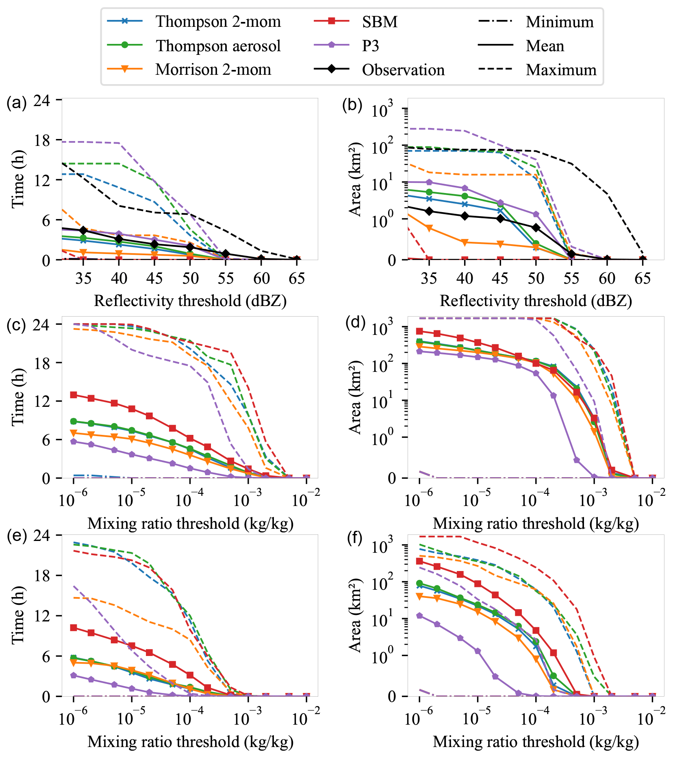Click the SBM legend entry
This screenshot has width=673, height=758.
pos(380,22)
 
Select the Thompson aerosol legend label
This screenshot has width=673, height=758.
pos(218,46)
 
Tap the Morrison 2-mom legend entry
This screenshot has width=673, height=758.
pos(213,70)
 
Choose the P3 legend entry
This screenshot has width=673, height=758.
pos(370,46)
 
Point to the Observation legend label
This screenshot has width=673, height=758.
pos(403,70)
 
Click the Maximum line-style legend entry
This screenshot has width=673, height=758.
pos(561,70)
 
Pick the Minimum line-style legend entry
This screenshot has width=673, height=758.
pos(560,22)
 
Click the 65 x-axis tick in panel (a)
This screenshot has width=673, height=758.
pos(297,278)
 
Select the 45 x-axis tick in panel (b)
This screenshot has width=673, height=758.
pos(500,278)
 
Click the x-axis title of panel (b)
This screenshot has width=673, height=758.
pos(536,301)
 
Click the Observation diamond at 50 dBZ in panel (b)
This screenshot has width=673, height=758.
pos(536,228)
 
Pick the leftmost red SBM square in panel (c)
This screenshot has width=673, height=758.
pos(74,395)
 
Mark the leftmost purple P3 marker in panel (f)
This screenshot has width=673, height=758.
pos(419,616)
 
